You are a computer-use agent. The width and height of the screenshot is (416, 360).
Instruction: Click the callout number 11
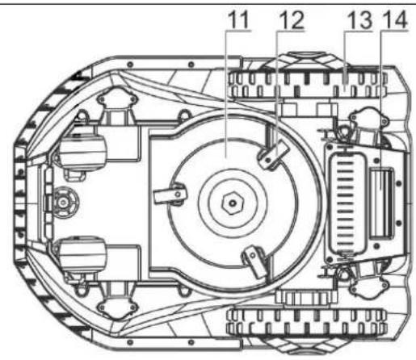[x=238, y=19]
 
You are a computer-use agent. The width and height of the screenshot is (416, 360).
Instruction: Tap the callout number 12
[x=292, y=20]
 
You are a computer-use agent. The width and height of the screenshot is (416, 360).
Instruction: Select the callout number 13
[x=359, y=20]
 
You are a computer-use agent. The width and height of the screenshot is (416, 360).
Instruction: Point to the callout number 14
[x=394, y=20]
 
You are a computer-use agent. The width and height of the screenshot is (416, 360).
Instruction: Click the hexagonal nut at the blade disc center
[x=233, y=203]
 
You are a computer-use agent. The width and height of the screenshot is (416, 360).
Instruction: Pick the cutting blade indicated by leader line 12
[x=272, y=155]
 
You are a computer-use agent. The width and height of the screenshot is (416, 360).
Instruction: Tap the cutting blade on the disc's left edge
[x=170, y=193]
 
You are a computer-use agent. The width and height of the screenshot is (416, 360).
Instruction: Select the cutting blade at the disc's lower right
[x=255, y=261]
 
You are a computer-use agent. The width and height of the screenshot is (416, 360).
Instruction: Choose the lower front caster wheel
[x=82, y=254]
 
